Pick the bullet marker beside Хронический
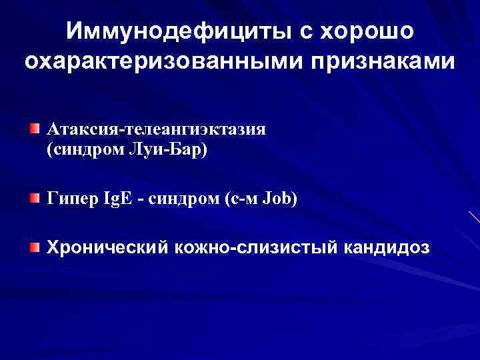point(34,248)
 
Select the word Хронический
point(106,249)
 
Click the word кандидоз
point(388,249)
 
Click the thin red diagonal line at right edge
point(474,216)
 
